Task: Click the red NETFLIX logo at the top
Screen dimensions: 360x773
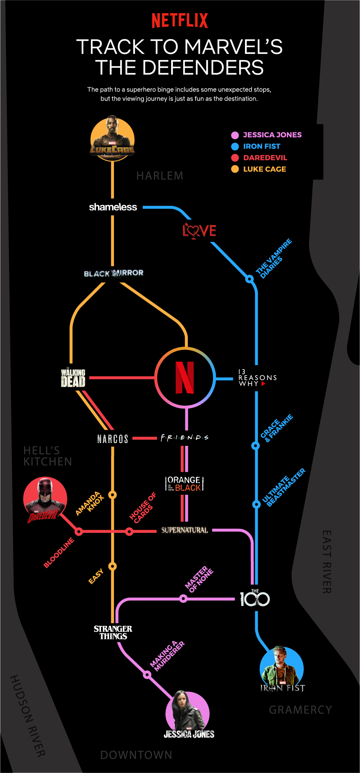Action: click(x=180, y=21)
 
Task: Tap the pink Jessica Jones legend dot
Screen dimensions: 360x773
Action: click(x=235, y=135)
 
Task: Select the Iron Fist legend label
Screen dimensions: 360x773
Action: click(x=262, y=146)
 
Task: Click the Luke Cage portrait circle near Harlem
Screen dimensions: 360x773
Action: click(x=113, y=139)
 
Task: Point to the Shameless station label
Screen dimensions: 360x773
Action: click(x=113, y=207)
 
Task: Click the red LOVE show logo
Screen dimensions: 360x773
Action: click(x=199, y=231)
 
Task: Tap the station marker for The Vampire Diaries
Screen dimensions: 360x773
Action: click(x=250, y=279)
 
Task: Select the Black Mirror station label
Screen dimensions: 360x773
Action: click(x=114, y=273)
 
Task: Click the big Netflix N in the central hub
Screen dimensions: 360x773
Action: click(x=185, y=378)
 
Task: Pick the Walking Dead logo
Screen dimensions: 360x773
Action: click(x=73, y=377)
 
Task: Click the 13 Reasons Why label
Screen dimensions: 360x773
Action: click(x=257, y=378)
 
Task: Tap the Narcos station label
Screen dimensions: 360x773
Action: click(x=113, y=439)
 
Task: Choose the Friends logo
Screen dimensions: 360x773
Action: click(x=185, y=438)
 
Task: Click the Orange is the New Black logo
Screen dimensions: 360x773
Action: click(x=184, y=484)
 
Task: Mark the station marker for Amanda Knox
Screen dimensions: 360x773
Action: click(x=113, y=495)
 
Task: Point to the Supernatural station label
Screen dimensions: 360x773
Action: click(x=185, y=530)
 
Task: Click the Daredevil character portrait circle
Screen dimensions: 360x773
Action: click(x=45, y=499)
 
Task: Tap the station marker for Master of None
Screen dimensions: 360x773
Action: click(x=183, y=599)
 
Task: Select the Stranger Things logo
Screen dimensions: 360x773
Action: click(x=113, y=632)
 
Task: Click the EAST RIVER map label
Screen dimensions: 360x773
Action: click(x=327, y=562)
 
